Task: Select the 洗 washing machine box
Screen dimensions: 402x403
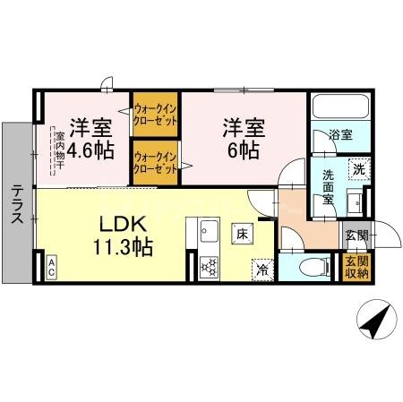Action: (357, 168)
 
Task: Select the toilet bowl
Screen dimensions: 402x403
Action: (307, 266)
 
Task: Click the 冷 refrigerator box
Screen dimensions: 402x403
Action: (262, 268)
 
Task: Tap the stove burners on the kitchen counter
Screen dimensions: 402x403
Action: (208, 266)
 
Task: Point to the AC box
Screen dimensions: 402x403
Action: (52, 265)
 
